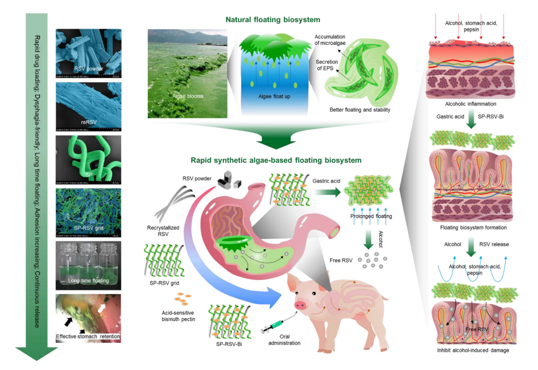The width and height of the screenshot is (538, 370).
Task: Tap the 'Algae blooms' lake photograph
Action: coord(187,73)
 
